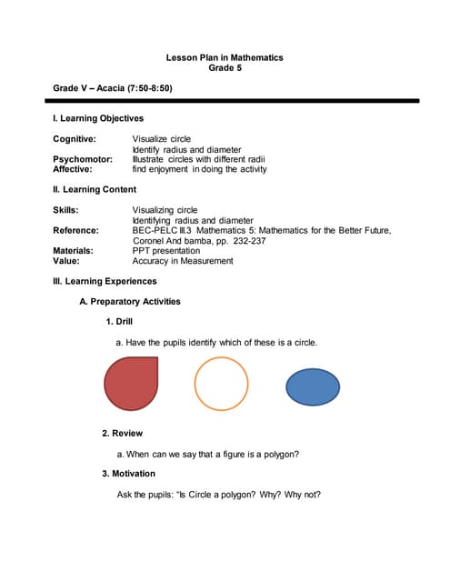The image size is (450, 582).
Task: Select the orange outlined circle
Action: point(221,384)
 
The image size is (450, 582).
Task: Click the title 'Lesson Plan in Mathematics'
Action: point(225,57)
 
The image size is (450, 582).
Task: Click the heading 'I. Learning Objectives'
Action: point(98,118)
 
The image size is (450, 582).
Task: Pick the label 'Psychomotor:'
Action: point(83,159)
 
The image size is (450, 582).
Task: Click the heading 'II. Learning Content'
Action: point(95,189)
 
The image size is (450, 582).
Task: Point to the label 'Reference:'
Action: point(76,230)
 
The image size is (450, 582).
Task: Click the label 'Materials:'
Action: point(75,250)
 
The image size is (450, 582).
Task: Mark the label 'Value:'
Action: point(68,261)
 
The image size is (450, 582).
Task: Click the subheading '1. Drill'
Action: point(119,322)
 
